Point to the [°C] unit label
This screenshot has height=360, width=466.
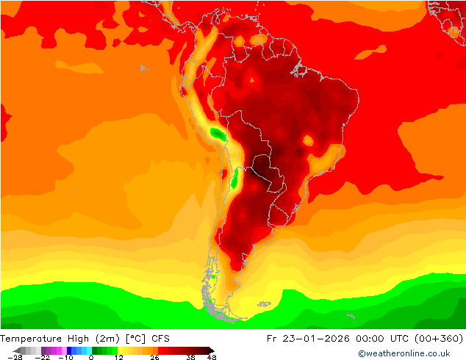tap(137, 339)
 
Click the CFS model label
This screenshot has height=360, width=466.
tap(161, 339)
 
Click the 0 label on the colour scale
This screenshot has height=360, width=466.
tap(91, 357)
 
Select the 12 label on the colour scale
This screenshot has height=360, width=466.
tap(118, 357)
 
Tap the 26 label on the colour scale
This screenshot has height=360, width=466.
tap(155, 357)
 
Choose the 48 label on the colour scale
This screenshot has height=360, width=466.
tap(212, 357)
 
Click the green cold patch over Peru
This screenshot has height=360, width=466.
tap(218, 133)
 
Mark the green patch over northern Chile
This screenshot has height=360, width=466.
tap(234, 179)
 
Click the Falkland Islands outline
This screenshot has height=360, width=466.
tap(263, 303)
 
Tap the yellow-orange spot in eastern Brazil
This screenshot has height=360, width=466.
tap(307, 139)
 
